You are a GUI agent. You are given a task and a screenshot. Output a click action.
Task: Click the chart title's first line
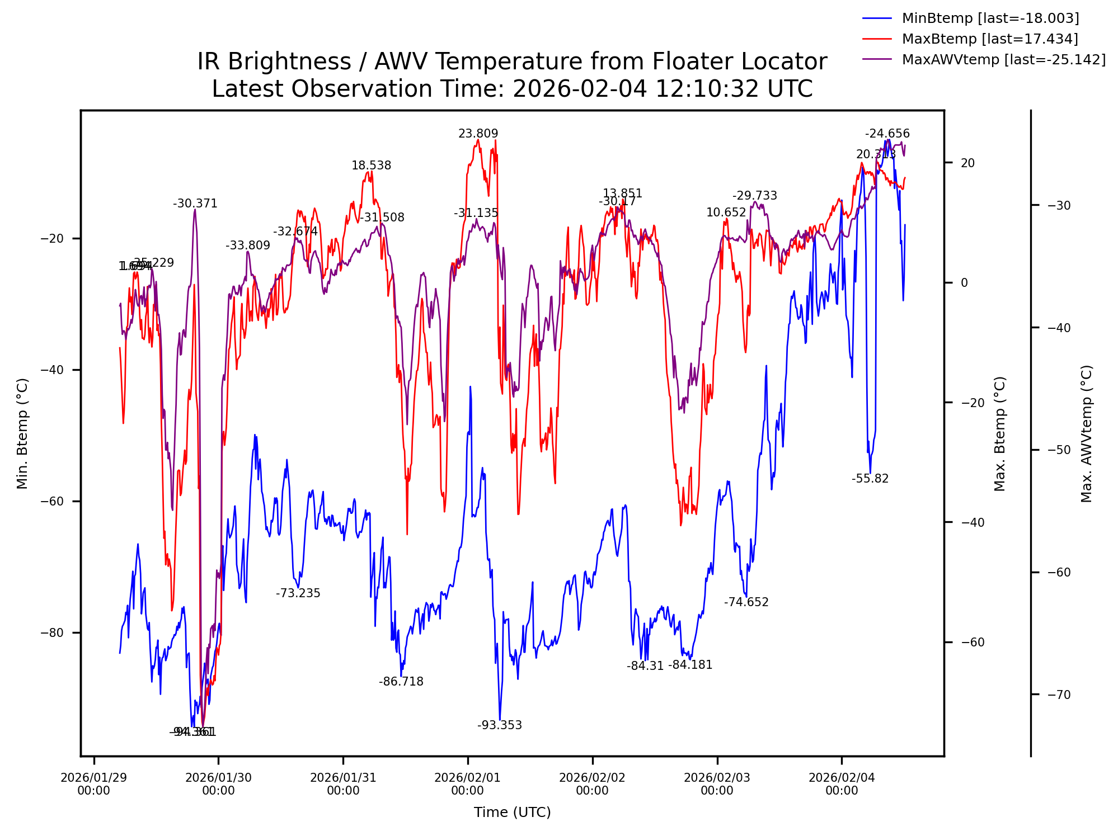[512, 62]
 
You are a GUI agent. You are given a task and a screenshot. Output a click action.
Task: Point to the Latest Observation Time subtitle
[512, 89]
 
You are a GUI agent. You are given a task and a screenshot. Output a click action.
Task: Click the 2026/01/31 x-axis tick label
[343, 783]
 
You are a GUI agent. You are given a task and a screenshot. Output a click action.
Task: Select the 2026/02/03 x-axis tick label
[717, 783]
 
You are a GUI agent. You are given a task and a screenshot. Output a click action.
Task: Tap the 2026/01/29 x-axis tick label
[93, 783]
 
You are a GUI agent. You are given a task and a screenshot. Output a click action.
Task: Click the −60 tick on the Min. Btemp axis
[53, 502]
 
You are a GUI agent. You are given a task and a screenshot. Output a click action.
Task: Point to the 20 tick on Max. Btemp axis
[967, 163]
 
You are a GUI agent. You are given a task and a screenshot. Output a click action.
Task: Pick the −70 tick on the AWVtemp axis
[1059, 695]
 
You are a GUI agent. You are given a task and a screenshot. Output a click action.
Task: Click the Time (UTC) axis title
[512, 812]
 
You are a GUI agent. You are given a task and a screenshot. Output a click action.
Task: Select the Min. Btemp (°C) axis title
[22, 433]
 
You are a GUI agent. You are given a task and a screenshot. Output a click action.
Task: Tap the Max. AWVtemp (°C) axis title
[1086, 433]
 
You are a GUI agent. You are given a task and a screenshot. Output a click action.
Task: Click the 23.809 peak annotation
[478, 134]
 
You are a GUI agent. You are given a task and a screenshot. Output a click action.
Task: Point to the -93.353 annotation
[499, 725]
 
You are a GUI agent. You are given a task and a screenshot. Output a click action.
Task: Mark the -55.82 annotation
[870, 479]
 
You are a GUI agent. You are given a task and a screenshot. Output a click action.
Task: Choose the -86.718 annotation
[401, 682]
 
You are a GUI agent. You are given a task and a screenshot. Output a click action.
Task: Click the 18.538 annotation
[371, 166]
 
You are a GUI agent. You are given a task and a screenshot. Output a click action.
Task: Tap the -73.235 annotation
[298, 593]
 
